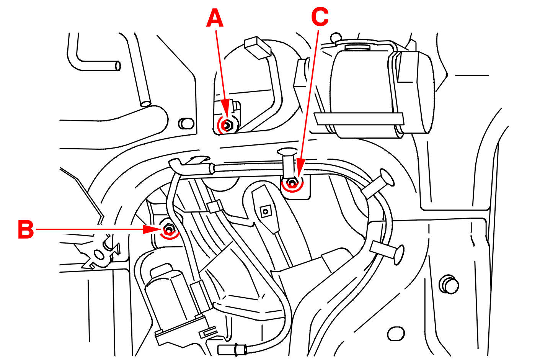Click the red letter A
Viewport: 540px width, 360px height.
click(x=215, y=19)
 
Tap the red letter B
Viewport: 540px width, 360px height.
click(x=26, y=230)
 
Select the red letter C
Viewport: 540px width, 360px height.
click(x=320, y=18)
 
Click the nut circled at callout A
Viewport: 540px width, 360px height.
click(x=227, y=125)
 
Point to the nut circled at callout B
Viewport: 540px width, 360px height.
click(x=169, y=230)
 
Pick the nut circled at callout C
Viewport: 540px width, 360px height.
click(x=292, y=183)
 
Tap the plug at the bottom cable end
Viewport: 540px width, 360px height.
click(x=232, y=350)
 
